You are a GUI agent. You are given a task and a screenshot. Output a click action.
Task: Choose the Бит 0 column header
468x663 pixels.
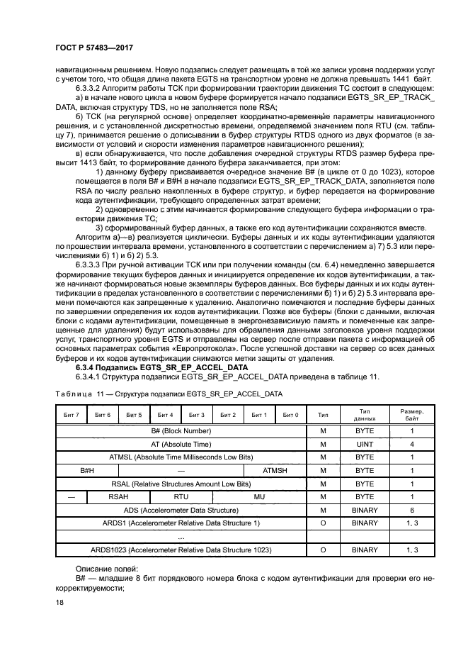click(291, 415)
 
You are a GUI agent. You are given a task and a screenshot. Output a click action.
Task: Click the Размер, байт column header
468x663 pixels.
click(412, 415)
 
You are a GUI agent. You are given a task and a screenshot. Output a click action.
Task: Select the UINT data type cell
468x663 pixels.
click(365, 444)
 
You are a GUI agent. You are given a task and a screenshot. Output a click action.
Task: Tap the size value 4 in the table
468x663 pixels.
click(412, 444)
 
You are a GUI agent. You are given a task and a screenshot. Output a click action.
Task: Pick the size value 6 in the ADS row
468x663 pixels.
click(412, 510)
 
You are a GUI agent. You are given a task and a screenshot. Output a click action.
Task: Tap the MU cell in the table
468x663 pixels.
click(259, 497)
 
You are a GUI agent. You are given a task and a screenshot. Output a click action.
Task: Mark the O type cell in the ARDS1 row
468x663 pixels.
click(322, 523)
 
